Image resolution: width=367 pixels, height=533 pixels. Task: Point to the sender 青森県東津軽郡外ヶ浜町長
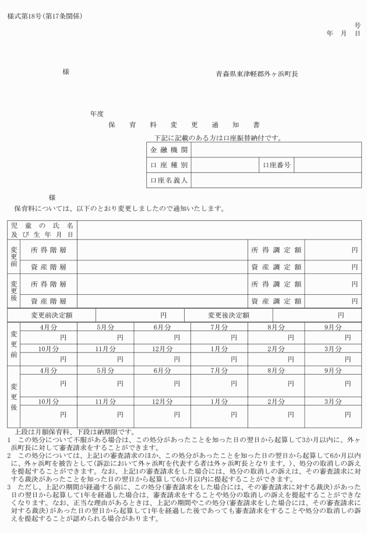pyautogui.click(x=256, y=75)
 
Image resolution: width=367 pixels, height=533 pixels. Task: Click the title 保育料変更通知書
pyautogui.click(x=184, y=125)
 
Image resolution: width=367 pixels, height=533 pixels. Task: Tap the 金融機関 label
pyautogui.click(x=168, y=151)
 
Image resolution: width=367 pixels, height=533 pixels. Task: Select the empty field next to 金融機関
pyautogui.click(x=276, y=151)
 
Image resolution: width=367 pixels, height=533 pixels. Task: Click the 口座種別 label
pyautogui.click(x=168, y=165)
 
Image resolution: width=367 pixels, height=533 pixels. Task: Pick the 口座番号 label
pyautogui.click(x=277, y=165)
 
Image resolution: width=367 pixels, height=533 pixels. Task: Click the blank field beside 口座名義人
pyautogui.click(x=276, y=181)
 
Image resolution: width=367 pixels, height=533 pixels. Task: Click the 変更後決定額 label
pyautogui.click(x=228, y=315)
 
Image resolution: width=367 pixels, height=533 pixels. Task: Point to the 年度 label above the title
pyautogui.click(x=97, y=114)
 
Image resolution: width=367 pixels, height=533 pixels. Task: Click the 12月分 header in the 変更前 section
pyautogui.click(x=163, y=349)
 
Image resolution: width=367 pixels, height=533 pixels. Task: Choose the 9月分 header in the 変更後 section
pyautogui.click(x=333, y=370)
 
